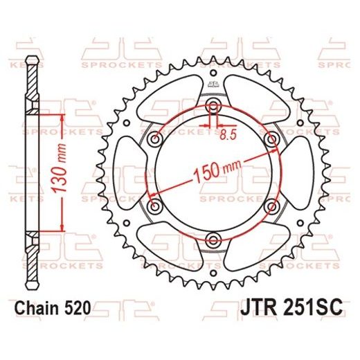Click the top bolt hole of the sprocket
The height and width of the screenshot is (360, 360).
tap(213, 106)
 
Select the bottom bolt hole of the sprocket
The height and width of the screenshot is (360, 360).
tap(213, 240)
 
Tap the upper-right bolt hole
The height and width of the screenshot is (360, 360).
tap(271, 139)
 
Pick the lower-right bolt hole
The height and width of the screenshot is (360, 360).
tap(271, 207)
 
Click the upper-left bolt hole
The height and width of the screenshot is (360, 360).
tap(155, 139)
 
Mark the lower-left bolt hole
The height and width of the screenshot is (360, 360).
tap(155, 207)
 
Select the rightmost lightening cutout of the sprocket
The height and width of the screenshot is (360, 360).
tap(298, 173)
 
